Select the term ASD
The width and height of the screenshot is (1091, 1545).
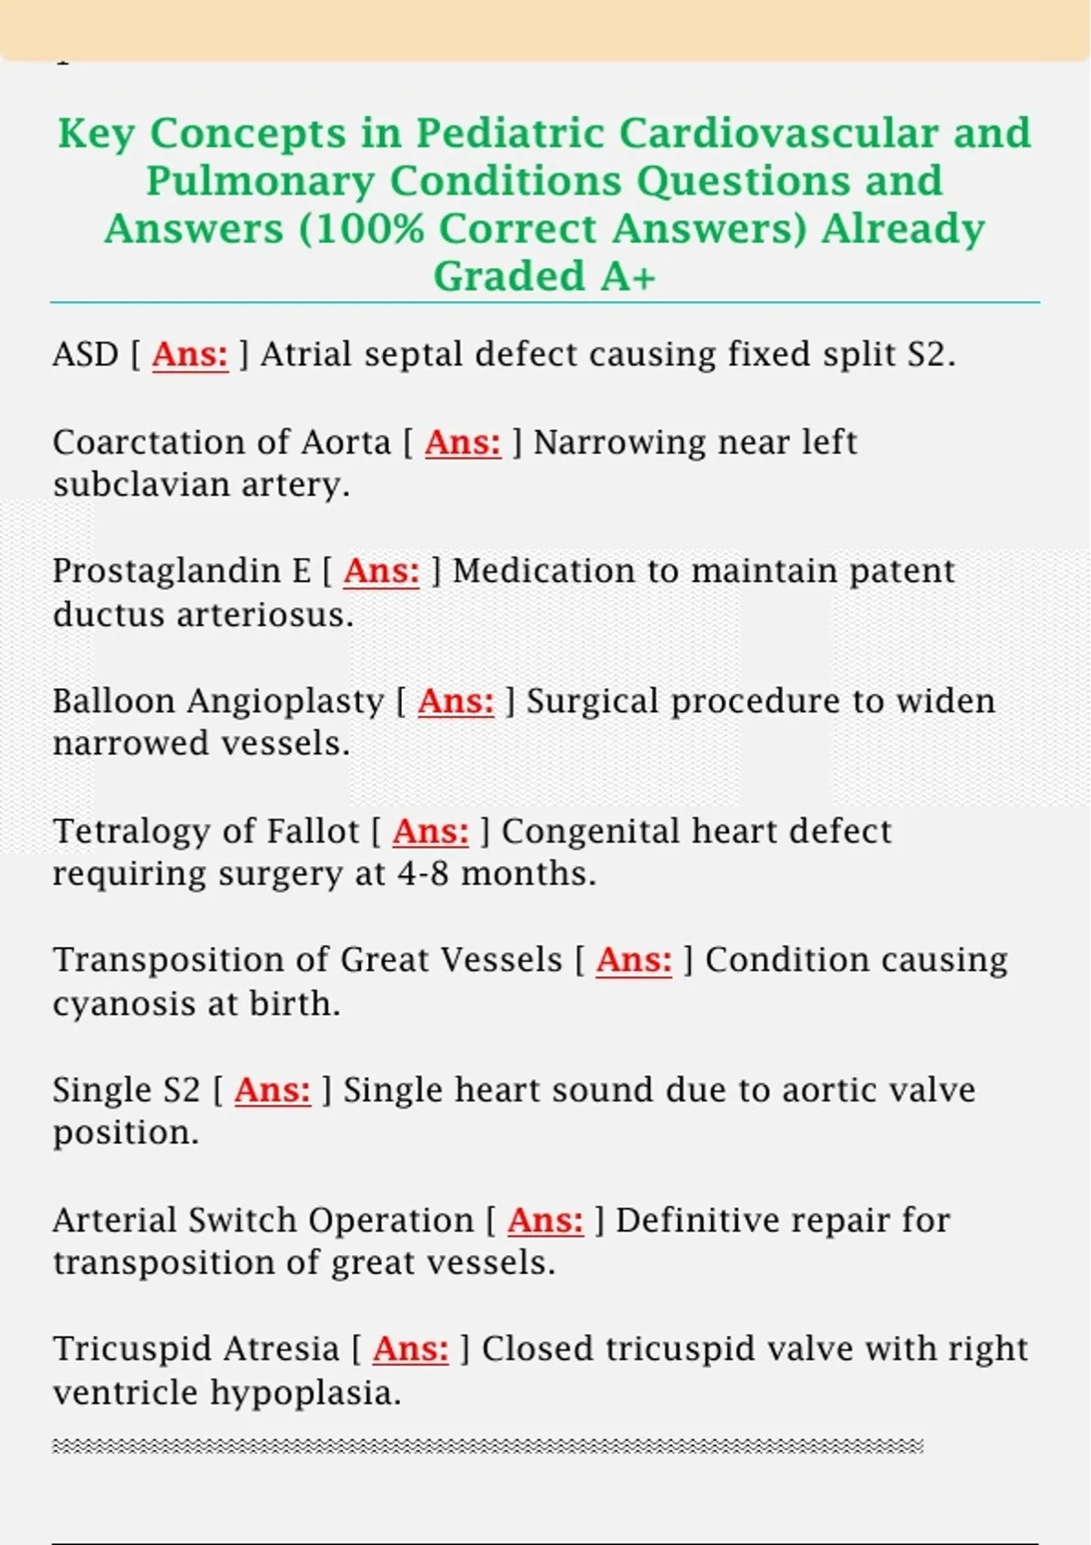click(x=85, y=354)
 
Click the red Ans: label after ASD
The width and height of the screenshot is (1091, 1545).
click(x=190, y=354)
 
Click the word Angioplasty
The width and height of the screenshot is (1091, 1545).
click(x=285, y=702)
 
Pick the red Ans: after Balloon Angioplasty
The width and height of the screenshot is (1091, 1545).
click(x=455, y=702)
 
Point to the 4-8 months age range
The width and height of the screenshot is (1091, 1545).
click(x=496, y=873)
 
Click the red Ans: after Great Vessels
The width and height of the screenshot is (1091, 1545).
click(x=634, y=961)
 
